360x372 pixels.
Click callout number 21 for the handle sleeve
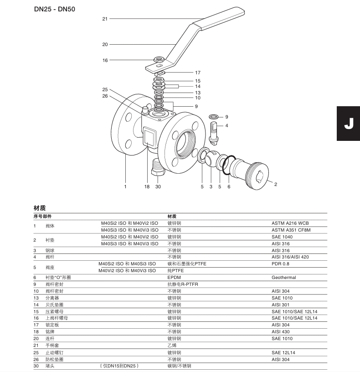point(105,19)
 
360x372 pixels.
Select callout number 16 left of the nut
point(105,60)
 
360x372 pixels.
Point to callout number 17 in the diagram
point(198,72)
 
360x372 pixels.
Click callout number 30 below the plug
point(158,186)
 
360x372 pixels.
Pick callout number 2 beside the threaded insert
point(275,184)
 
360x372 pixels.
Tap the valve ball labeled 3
point(211,160)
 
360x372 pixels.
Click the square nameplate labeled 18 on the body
point(149,137)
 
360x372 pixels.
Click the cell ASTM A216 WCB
point(290,223)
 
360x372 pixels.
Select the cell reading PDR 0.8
point(281,264)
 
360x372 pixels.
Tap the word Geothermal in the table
point(284,277)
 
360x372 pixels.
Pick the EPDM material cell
point(174,277)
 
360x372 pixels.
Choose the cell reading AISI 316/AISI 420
point(290,257)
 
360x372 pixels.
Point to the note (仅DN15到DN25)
point(118,366)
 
